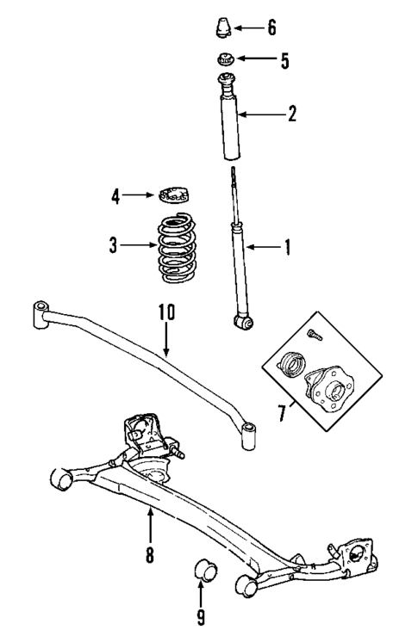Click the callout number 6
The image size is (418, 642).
(x=271, y=28)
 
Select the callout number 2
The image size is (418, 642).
(x=292, y=113)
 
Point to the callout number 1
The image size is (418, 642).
(x=288, y=248)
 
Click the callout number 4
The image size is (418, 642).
(x=115, y=196)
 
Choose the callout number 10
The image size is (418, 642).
(x=165, y=312)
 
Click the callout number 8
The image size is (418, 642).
(x=149, y=555)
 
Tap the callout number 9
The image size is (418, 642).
(x=201, y=616)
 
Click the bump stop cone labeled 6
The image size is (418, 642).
(x=223, y=29)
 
